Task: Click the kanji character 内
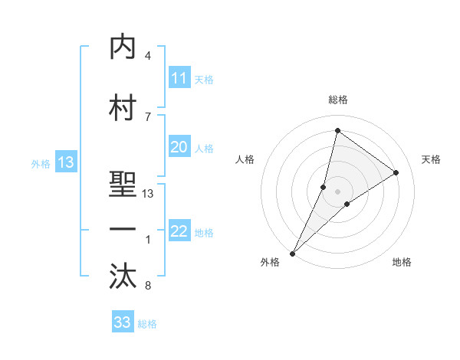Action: [123, 47]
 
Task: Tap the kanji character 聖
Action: [123, 185]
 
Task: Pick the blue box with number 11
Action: [179, 78]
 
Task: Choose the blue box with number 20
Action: [179, 147]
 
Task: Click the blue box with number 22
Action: [179, 232]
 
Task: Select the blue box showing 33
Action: [123, 322]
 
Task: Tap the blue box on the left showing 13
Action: [65, 162]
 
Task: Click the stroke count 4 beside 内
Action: [148, 56]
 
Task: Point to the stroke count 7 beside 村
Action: [148, 116]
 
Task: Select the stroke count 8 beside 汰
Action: [148, 286]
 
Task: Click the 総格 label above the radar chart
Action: [338, 100]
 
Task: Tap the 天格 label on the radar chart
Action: [431, 159]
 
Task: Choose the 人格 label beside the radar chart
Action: [245, 159]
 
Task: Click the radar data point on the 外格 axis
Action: [292, 253]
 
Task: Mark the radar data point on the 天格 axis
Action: [396, 172]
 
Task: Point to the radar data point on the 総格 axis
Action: [337, 130]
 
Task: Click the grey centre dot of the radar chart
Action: [338, 191]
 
